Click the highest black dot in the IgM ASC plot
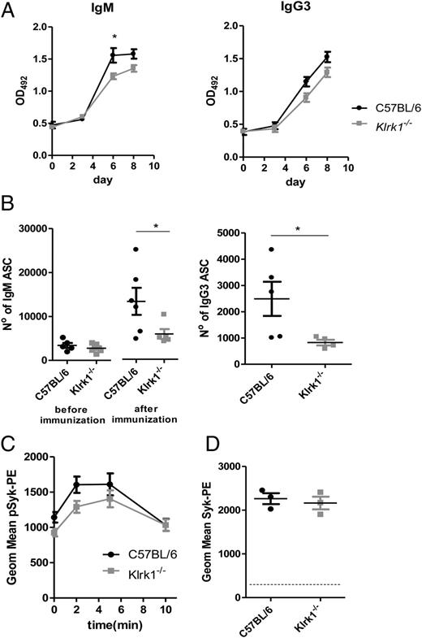tap(137, 249)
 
